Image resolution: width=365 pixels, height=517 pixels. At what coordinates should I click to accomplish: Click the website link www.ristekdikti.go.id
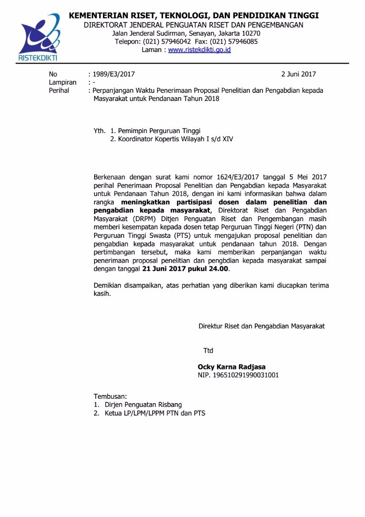(199, 50)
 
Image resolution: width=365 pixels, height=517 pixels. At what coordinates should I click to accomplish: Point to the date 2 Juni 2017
(299, 74)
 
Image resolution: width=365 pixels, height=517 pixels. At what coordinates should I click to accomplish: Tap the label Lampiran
(63, 82)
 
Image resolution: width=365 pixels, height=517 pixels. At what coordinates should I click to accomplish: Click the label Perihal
(59, 90)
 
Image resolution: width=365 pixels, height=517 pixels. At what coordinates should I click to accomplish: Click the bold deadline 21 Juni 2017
(164, 269)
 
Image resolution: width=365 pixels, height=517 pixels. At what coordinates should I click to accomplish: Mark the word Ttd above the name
(208, 351)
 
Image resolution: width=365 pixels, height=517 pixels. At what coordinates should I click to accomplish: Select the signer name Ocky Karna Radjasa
(232, 367)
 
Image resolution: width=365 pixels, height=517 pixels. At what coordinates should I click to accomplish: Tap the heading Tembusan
(110, 396)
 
